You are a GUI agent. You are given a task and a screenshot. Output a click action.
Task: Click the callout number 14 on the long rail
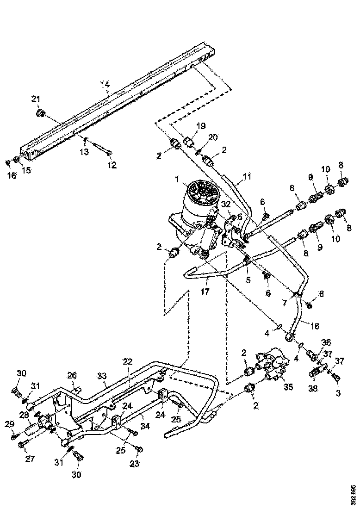point(105,84)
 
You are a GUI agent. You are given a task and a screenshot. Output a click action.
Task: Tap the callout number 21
point(36,98)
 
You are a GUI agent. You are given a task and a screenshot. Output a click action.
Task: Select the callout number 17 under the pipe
point(205,292)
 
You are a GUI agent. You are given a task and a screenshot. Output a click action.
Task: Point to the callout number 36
point(327,342)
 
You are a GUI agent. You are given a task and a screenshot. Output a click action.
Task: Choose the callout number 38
point(314,389)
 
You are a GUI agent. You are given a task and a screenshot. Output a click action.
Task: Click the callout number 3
point(338,393)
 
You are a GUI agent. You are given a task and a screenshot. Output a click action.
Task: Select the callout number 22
point(127,361)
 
